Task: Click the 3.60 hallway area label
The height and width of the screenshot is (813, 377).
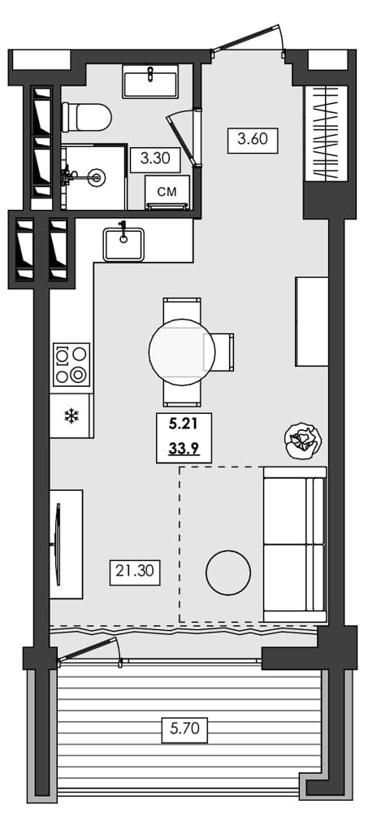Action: point(253,139)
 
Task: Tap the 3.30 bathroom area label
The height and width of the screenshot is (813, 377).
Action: point(154,159)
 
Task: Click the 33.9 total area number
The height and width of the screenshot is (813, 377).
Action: point(184,446)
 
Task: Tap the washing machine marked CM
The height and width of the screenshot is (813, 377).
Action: point(167,193)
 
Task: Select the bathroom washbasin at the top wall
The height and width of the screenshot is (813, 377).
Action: point(150,82)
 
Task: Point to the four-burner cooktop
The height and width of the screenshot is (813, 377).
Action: point(71,364)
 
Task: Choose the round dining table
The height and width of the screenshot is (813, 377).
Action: point(182,351)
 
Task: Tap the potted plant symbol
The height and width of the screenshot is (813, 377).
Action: point(303,441)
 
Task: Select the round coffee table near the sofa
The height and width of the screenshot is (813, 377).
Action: point(228,573)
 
